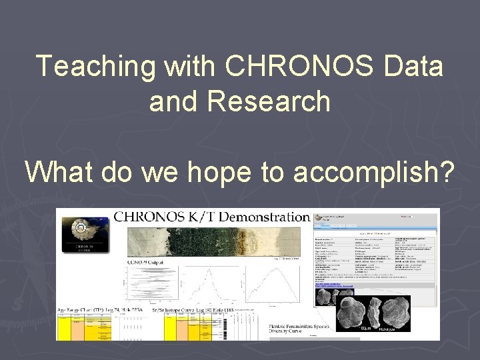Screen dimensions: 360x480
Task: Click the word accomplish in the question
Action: coord(374,172)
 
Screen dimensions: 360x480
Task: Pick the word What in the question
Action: coord(61,172)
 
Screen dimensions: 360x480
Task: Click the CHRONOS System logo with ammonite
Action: coord(84,234)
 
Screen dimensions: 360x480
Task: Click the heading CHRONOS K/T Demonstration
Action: coord(212,217)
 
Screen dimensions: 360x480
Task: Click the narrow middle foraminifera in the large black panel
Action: coord(374,312)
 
